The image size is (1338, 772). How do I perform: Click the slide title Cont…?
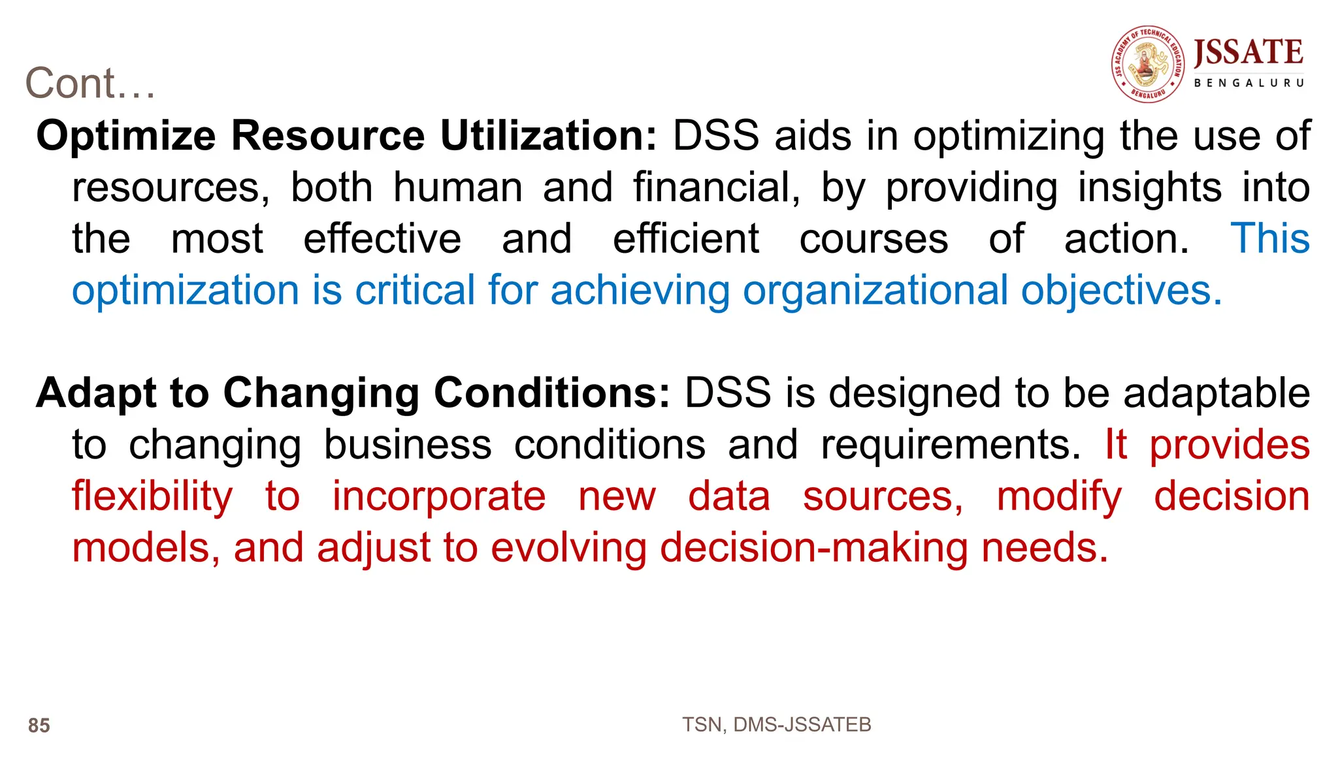click(90, 84)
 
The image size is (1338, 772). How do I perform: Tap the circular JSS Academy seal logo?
click(1148, 64)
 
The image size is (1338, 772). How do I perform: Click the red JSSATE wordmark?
click(1248, 52)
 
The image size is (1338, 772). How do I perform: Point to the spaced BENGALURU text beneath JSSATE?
click(1248, 83)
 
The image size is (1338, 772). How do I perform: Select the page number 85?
click(39, 725)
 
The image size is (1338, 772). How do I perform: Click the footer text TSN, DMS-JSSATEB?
click(776, 724)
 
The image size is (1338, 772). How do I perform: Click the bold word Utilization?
click(548, 136)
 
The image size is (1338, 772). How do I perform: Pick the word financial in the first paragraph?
click(716, 187)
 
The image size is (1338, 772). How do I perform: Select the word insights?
click(1149, 187)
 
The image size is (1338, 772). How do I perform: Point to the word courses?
click(873, 238)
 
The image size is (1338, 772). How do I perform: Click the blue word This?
click(1270, 238)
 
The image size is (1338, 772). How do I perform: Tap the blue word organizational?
click(875, 290)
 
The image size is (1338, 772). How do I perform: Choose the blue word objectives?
click(1121, 290)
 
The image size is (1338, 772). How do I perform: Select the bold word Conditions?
click(551, 393)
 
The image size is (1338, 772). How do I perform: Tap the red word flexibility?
click(152, 496)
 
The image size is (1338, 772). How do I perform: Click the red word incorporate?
click(439, 496)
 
